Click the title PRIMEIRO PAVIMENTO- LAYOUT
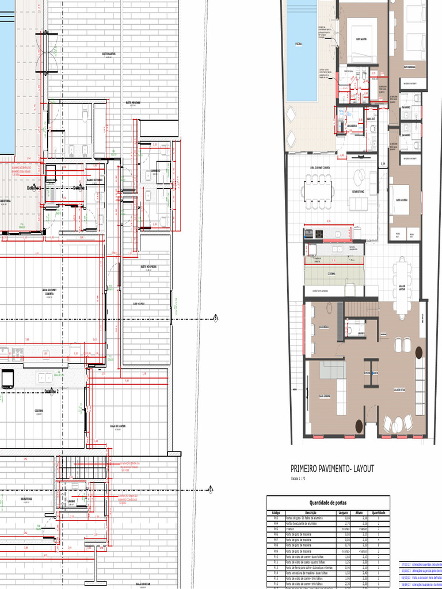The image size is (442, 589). coord(332,469)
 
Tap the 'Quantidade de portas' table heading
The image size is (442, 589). coord(328,502)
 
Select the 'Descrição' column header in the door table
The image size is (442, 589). coord(311,512)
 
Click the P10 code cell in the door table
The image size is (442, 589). coord(275,557)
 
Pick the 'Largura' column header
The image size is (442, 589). coord(342,512)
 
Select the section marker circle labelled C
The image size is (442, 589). coord(211,490)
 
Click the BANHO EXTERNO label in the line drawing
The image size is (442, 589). coord(94,180)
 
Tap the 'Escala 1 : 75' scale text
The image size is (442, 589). coord(299,479)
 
